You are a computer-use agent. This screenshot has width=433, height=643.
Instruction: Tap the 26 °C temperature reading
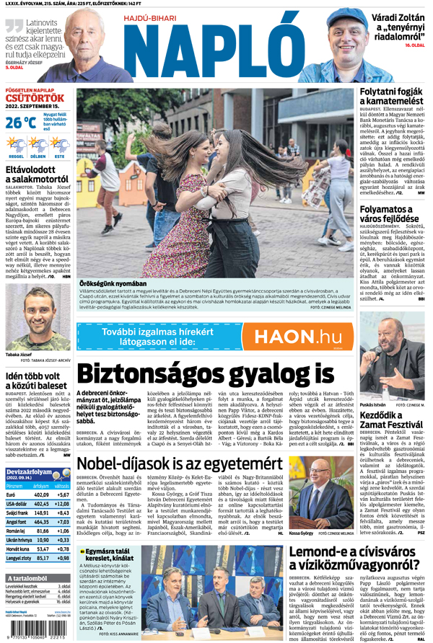coord(20,123)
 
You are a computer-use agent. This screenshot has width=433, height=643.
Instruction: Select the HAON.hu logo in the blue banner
coord(297,337)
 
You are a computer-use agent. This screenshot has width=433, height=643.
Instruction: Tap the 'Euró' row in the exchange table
coord(12,494)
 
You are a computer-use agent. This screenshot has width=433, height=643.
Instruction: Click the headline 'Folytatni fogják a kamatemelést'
coord(393,99)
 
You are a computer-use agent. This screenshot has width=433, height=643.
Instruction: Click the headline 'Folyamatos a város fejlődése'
coord(393,216)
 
